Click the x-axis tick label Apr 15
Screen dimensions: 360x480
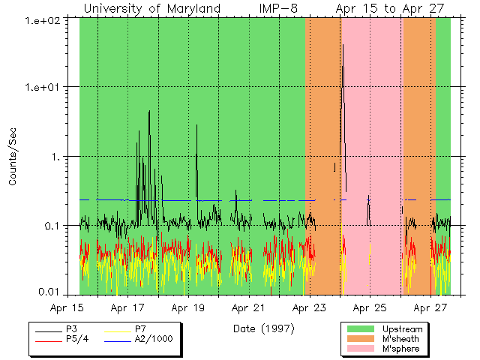(x=67, y=307)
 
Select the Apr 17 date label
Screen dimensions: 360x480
(x=127, y=307)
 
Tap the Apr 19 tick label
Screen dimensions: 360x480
(x=187, y=307)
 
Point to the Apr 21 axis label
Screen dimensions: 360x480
(x=248, y=307)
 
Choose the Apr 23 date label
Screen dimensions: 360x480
(x=308, y=307)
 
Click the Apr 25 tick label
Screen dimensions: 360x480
(x=369, y=307)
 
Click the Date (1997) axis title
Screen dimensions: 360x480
(x=262, y=328)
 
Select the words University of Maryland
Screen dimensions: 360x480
(x=151, y=8)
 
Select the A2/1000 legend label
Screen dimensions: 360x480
(x=154, y=339)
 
